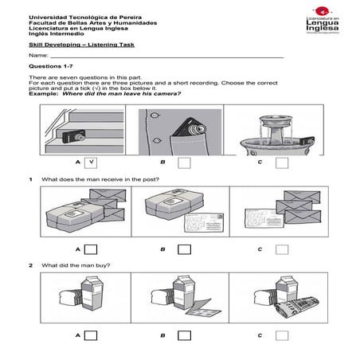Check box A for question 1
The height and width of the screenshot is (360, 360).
[91, 249]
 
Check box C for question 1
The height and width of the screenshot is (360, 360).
[281, 249]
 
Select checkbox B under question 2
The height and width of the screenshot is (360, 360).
[185, 336]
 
